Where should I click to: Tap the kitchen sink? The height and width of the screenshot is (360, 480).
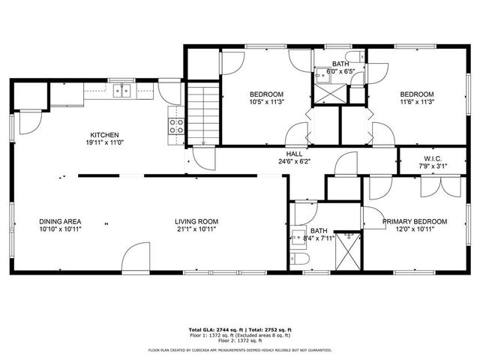[121, 91]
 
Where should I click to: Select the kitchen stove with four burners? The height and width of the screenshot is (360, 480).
[176, 126]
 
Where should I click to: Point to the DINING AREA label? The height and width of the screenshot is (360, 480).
[60, 221]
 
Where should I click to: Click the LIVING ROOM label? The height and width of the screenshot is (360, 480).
[196, 221]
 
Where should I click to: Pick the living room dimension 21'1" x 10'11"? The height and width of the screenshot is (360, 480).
[196, 229]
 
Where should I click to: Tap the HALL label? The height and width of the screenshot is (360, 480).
[294, 153]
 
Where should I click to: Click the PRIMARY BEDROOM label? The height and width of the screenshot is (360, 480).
[414, 221]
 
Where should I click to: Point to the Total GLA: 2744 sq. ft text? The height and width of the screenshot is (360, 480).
[213, 329]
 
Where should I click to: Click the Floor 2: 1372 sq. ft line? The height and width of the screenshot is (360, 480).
[240, 341]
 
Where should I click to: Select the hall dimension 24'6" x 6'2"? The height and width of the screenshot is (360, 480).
[294, 161]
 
